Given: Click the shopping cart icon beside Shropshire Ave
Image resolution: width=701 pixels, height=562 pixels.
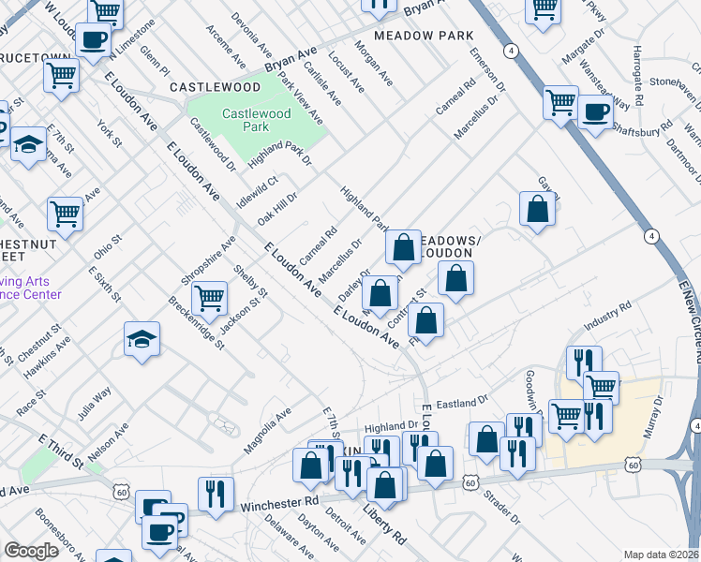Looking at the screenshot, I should [x=210, y=298].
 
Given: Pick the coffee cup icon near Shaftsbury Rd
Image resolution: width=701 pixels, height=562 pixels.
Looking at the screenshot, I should [x=594, y=113].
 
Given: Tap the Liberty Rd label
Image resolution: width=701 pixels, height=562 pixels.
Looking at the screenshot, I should [x=384, y=526].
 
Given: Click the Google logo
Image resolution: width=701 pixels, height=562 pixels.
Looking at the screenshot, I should [x=30, y=551].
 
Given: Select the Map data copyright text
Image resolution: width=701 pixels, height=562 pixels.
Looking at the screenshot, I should [x=661, y=555].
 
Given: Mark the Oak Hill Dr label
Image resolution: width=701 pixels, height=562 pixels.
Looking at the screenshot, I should [x=277, y=209].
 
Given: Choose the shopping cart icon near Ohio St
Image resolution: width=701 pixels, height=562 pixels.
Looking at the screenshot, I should [x=65, y=214].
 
